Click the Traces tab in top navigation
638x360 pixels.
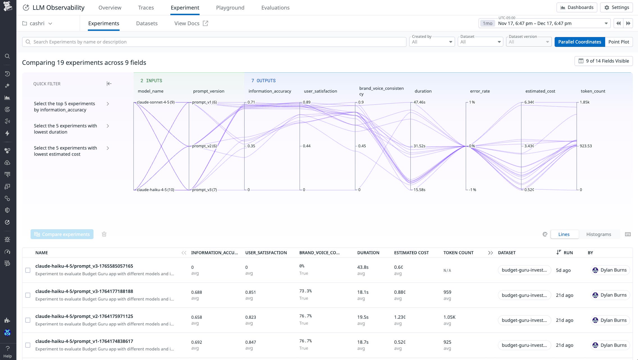[x=146, y=8]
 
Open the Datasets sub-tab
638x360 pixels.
[x=147, y=23]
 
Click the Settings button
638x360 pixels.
[x=616, y=8]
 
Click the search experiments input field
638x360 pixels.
[x=213, y=42]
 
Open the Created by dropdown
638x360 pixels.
[x=432, y=42]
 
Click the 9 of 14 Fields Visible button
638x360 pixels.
[x=603, y=61]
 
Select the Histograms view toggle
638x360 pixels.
[x=598, y=234]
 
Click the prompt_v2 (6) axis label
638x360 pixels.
[x=204, y=146]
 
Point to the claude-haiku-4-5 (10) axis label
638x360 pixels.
[x=155, y=190]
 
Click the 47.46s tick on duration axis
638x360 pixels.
[x=419, y=102]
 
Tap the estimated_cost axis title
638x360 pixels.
[x=540, y=91]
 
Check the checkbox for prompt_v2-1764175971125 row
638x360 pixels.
[x=28, y=320]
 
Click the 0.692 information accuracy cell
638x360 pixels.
[x=196, y=342]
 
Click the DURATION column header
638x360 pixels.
[x=368, y=253]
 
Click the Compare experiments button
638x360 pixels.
[x=62, y=234]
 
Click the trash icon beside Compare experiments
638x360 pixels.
[x=104, y=234]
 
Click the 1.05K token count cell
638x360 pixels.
[x=449, y=317]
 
